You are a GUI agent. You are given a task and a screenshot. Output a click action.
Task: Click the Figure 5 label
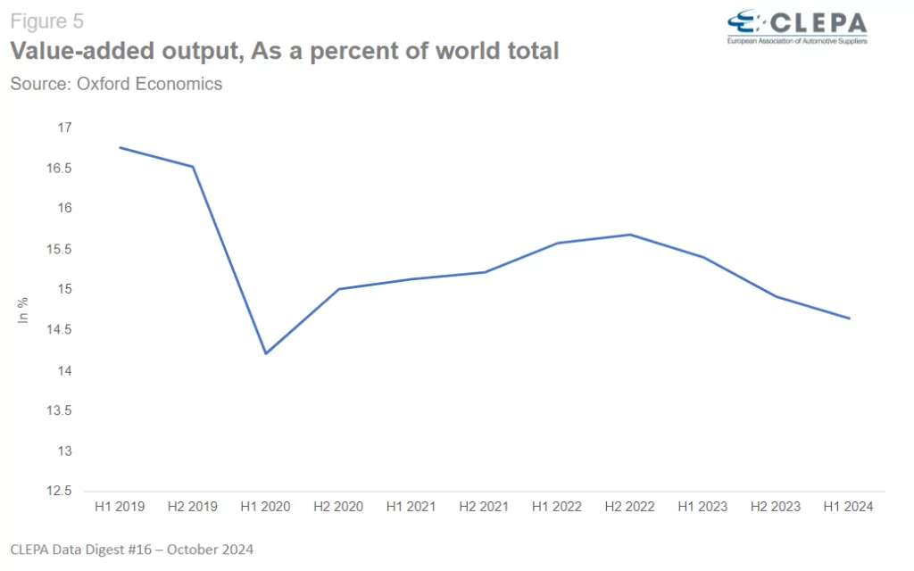(47, 21)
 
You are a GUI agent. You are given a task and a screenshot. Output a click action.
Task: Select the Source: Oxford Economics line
(116, 84)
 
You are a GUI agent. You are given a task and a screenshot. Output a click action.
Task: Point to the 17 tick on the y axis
(64, 128)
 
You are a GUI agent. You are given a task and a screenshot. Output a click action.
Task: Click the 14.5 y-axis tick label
(59, 330)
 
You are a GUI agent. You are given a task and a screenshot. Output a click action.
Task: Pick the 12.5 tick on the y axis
(59, 492)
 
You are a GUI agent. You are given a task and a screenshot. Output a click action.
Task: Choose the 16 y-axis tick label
(64, 209)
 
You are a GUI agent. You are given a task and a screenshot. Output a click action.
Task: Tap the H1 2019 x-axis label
(119, 507)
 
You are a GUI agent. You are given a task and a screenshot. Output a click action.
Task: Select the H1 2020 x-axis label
(265, 507)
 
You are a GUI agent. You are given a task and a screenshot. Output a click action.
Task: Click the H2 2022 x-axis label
(630, 507)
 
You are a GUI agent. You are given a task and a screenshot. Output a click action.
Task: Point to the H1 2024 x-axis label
(849, 507)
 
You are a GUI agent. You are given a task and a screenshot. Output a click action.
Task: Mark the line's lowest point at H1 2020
(265, 353)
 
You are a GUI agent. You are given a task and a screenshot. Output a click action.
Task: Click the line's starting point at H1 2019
(120, 147)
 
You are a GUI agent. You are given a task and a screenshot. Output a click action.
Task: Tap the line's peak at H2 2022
(630, 235)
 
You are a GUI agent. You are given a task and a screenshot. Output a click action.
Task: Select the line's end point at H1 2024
(849, 319)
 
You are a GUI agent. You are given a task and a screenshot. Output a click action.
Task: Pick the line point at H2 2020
(338, 289)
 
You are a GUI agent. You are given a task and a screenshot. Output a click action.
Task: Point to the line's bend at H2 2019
(193, 167)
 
